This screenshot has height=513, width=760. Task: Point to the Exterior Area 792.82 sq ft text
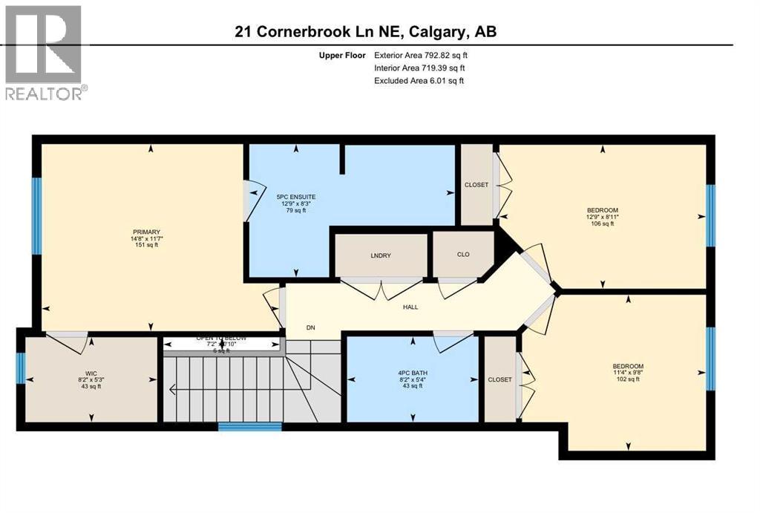(421, 55)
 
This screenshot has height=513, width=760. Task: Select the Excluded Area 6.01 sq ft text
(419, 81)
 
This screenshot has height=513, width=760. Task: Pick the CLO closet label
(462, 254)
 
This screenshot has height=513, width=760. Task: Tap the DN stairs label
(311, 326)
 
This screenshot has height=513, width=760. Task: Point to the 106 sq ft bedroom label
(602, 217)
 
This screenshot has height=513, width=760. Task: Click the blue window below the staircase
(250, 427)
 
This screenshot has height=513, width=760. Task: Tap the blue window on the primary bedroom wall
(36, 216)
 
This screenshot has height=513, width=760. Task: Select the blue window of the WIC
(21, 368)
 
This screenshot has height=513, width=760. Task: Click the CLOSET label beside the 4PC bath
(499, 379)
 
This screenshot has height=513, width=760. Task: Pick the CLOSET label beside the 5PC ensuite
(476, 185)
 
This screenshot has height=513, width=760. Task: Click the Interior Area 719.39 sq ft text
(419, 68)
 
